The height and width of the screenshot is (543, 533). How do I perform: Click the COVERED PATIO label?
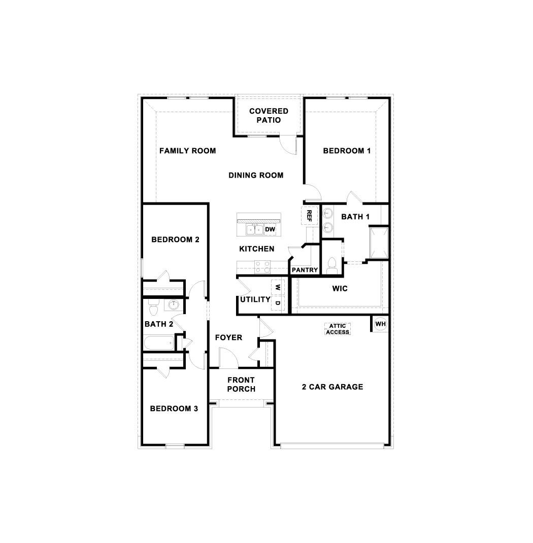[x=269, y=116]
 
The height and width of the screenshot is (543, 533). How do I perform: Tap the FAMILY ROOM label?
[x=187, y=151]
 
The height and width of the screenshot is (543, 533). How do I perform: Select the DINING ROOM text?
[x=256, y=175]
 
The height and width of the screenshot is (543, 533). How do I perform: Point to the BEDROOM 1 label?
[x=347, y=151]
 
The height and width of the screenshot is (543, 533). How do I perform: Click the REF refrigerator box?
[x=309, y=216]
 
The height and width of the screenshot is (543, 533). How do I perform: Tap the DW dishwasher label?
[x=270, y=229]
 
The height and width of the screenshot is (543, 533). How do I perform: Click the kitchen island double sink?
[x=254, y=230]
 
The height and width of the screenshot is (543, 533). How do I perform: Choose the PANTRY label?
[x=305, y=270]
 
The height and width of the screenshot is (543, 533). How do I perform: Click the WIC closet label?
[x=340, y=288]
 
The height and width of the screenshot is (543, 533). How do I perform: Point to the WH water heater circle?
[x=380, y=324]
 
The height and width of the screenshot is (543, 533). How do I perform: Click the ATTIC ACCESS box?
[x=338, y=329]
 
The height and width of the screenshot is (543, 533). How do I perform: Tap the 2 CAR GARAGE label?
[x=332, y=387]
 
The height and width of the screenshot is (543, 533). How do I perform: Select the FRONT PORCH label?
[x=241, y=384]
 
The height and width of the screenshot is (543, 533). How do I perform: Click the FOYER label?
[x=228, y=337]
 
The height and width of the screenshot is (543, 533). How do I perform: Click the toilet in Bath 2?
[x=153, y=307]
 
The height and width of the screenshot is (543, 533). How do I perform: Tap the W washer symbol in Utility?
[x=278, y=287]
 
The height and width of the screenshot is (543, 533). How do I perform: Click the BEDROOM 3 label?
[x=174, y=409]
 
